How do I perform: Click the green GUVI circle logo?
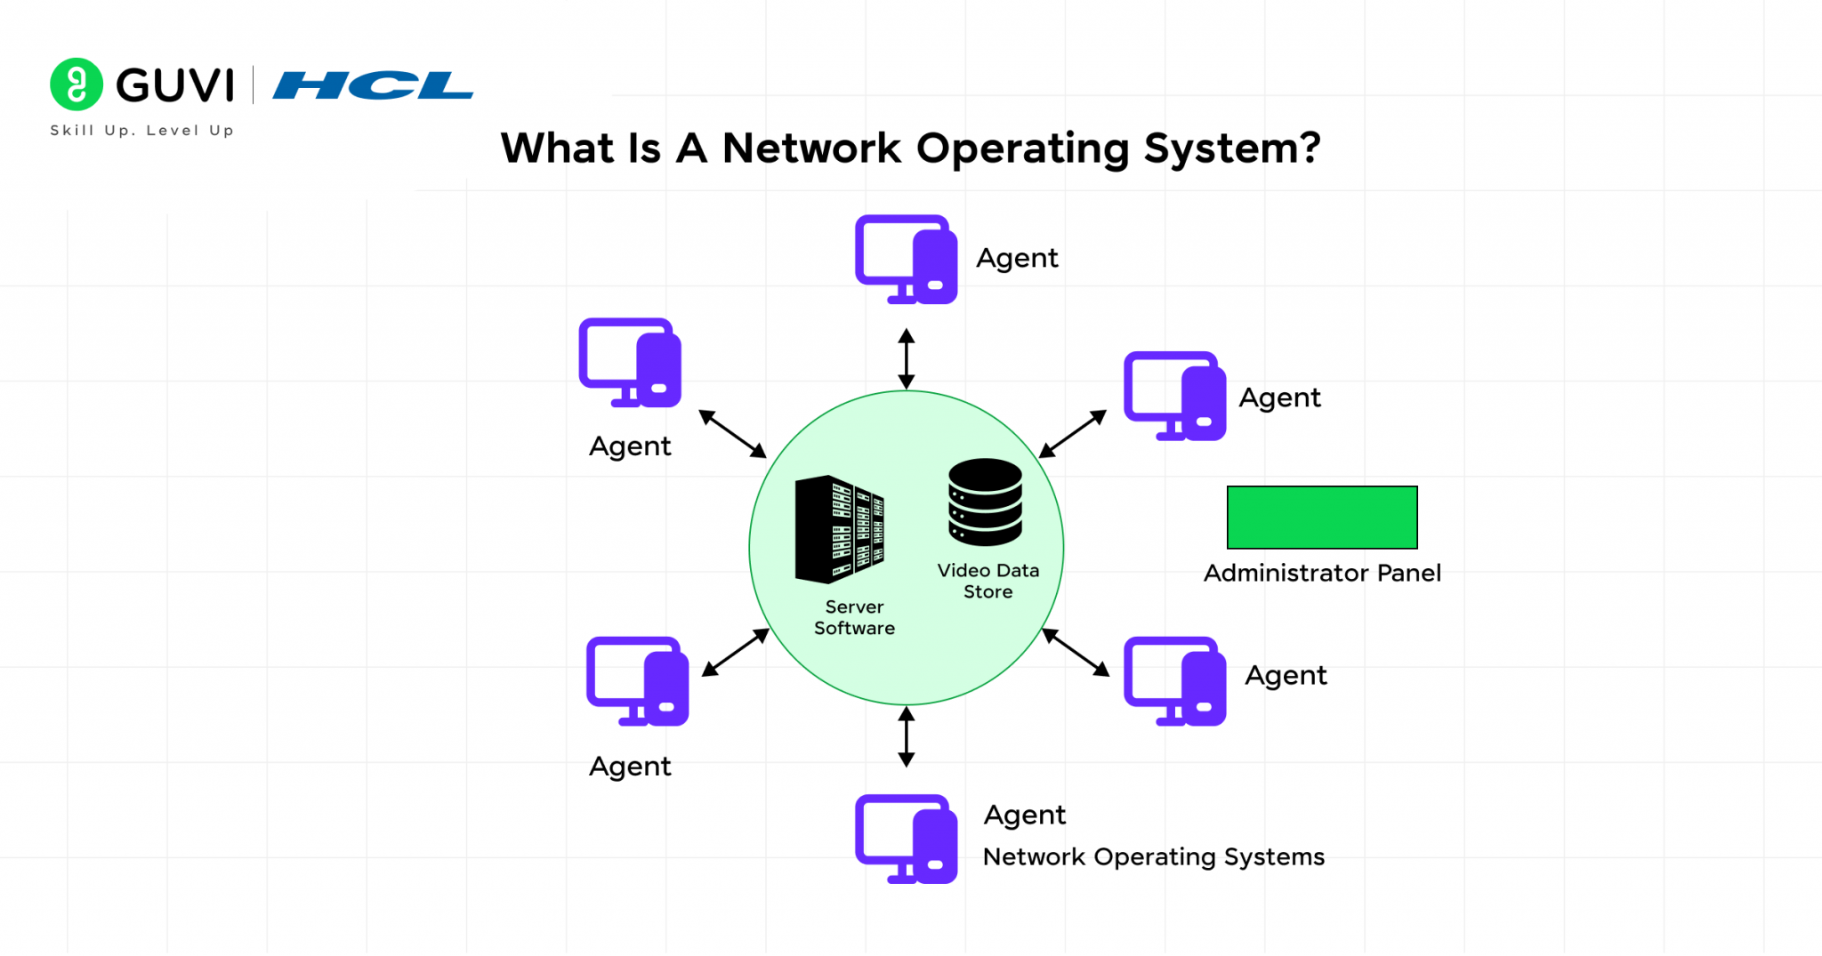coord(77,84)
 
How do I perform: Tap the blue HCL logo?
coord(373,85)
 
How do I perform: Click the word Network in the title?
coord(811,149)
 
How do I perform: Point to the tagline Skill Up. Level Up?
coord(142,130)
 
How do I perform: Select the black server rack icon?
coord(839,529)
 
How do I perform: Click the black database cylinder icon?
coord(985,502)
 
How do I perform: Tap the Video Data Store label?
coord(988,581)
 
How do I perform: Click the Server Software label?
coord(854,617)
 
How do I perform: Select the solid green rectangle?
coord(1322,518)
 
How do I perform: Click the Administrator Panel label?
coord(1322,574)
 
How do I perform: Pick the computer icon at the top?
coord(906,260)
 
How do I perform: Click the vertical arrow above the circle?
coord(906,358)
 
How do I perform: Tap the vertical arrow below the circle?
coord(906,736)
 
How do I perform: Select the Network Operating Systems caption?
coord(1153,857)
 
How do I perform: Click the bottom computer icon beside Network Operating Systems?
coord(906,839)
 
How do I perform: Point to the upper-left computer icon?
coord(630,363)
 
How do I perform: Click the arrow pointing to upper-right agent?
coord(1073,433)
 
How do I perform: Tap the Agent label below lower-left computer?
coord(630,767)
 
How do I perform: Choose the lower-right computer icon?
coord(1174,681)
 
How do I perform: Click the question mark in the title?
coord(1309,148)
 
